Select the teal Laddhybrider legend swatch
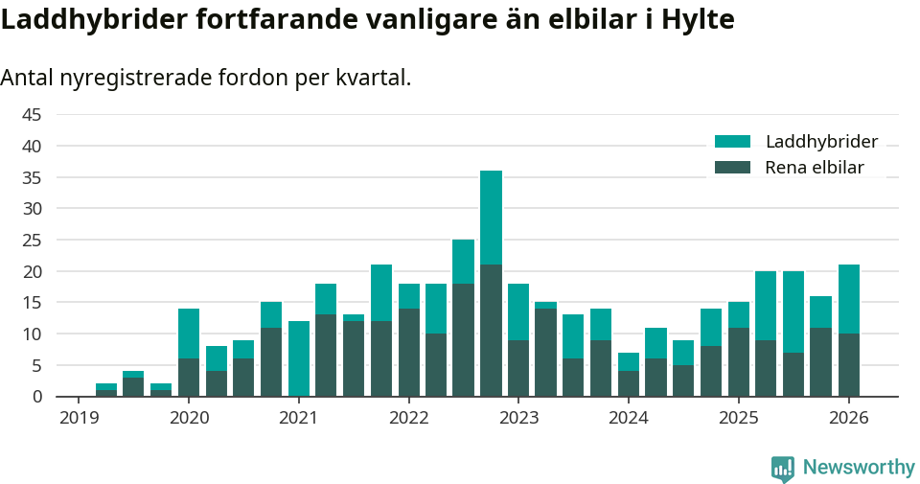(733, 142)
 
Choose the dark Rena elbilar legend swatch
(733, 168)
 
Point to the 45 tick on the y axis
(31, 115)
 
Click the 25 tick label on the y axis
(31, 240)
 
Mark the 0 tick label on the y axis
(36, 396)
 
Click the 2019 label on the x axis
(80, 418)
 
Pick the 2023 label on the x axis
(519, 418)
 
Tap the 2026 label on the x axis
(849, 418)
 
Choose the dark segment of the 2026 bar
(849, 365)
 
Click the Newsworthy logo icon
(782, 469)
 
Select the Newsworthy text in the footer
(859, 468)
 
